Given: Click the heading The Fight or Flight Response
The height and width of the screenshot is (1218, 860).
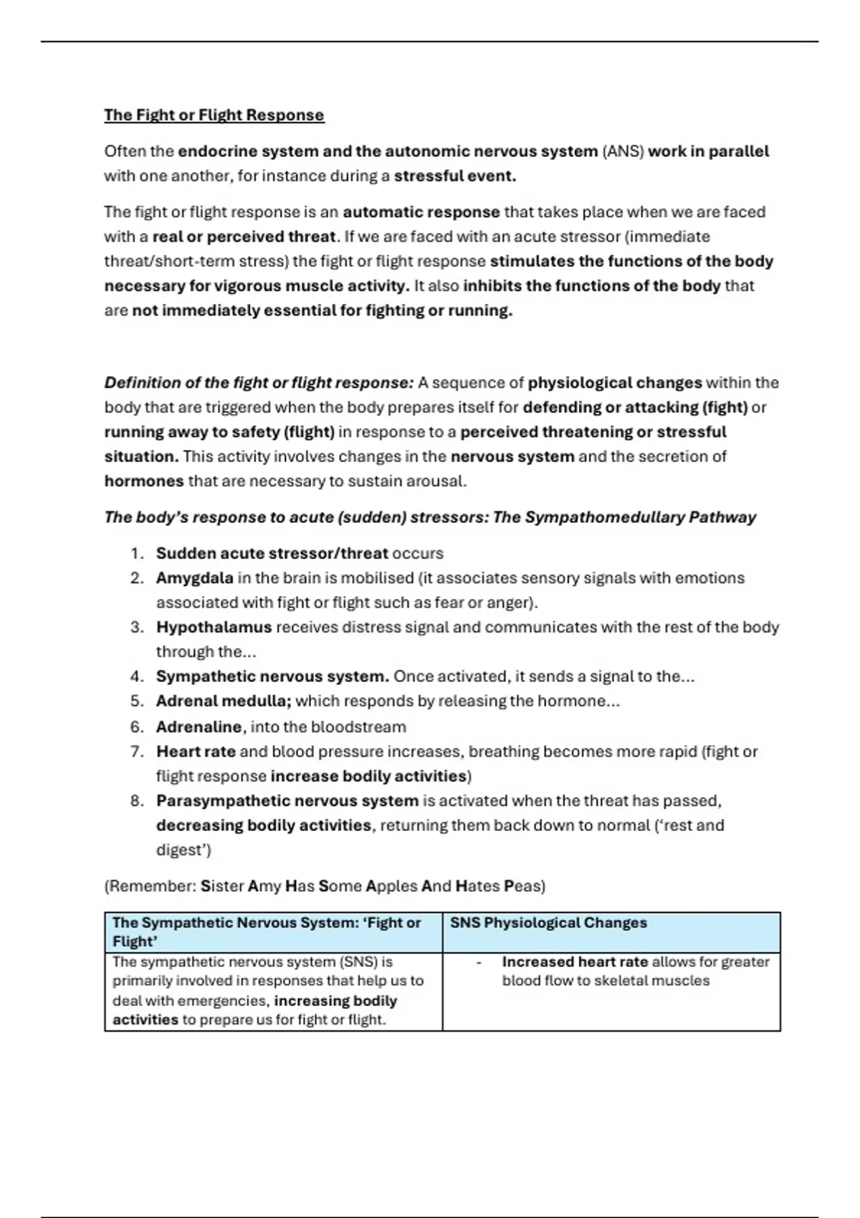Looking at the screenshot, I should [x=214, y=115].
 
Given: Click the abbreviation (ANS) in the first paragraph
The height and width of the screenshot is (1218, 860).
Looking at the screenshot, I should [x=623, y=152].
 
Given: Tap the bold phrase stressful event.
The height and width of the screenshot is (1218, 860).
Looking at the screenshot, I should [x=455, y=176].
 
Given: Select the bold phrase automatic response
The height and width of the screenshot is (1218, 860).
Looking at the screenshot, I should [x=421, y=213].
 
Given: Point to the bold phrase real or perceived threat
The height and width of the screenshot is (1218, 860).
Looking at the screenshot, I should [x=244, y=237].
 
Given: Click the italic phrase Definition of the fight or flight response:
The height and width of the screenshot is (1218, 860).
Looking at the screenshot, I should [x=259, y=383].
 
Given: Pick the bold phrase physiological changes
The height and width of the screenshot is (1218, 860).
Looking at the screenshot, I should [x=615, y=383].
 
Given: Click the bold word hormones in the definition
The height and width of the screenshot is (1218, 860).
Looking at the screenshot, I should [x=144, y=481].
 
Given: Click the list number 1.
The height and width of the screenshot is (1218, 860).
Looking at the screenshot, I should [x=137, y=554].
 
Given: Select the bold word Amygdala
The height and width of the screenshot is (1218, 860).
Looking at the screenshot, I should [x=195, y=578].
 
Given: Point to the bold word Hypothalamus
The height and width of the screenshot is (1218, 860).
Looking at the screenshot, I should [x=214, y=628].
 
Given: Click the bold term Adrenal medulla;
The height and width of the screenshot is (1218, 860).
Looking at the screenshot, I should [x=224, y=701].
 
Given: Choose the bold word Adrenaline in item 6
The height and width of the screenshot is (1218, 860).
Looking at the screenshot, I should [x=199, y=727].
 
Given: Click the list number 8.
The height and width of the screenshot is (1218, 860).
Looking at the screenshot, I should [x=137, y=801].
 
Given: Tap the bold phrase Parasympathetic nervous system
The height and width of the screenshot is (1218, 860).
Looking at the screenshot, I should [x=287, y=801].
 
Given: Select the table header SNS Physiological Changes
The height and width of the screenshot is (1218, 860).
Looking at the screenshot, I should [x=548, y=923].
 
